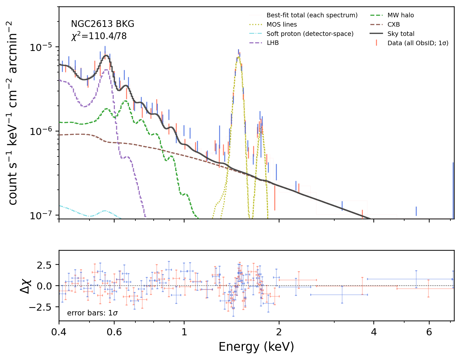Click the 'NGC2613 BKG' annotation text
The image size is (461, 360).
[102, 24]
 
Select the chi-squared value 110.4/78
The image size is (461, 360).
[107, 36]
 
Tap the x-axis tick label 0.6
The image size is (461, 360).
[114, 332]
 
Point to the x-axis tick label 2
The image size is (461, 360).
[279, 332]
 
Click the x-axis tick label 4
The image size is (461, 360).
[374, 332]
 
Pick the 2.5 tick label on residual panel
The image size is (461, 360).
[44, 265]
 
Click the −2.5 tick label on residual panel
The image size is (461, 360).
[40, 307]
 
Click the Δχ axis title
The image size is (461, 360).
[26, 286]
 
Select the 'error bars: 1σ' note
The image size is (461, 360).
[92, 313]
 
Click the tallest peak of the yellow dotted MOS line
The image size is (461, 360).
[239, 57]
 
